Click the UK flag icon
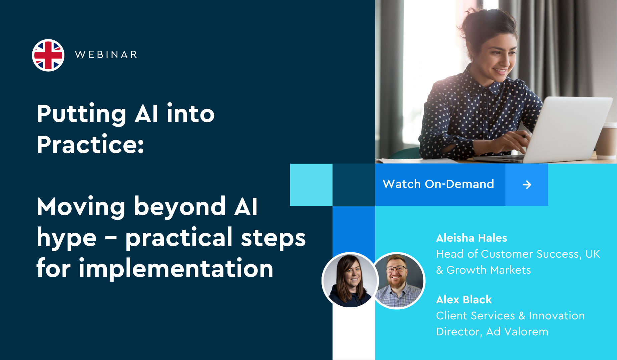(48, 55)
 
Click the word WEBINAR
(106, 55)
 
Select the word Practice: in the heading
(90, 145)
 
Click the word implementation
(176, 268)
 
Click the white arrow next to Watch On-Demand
(527, 185)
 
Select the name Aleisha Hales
(472, 238)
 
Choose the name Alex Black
(464, 300)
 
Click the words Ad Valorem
(517, 332)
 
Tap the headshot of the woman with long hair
(350, 280)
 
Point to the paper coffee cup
(606, 140)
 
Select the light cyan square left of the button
(311, 185)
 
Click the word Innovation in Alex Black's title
(557, 316)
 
